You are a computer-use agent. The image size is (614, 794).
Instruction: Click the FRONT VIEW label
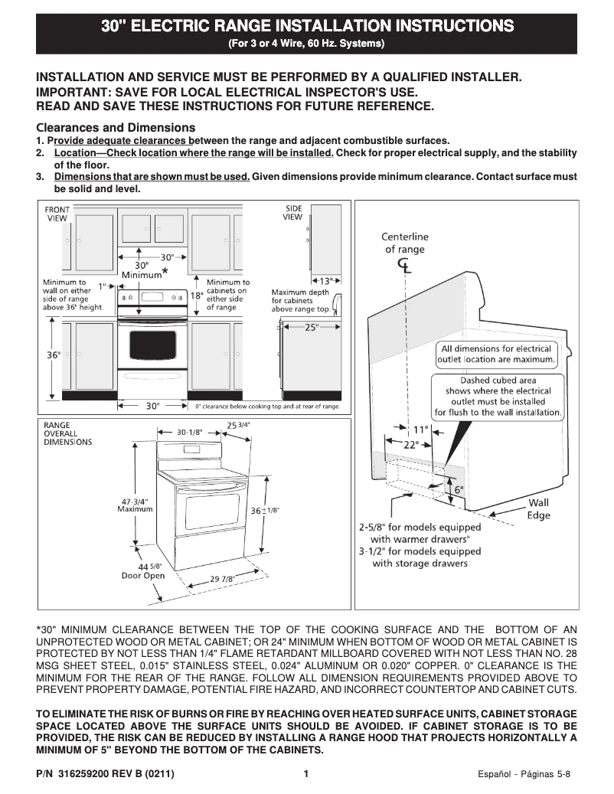click(x=57, y=214)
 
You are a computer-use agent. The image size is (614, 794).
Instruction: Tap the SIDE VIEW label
click(x=293, y=212)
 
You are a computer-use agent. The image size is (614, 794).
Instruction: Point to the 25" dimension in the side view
click(x=312, y=327)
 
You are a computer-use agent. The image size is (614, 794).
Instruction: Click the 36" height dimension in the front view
click(x=53, y=356)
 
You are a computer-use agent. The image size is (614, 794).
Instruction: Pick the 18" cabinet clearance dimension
click(x=196, y=296)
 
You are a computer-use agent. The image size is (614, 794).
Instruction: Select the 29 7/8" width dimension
click(x=223, y=579)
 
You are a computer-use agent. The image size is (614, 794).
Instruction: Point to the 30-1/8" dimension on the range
click(x=189, y=432)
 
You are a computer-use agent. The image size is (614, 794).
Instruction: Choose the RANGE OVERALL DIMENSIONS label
click(x=67, y=433)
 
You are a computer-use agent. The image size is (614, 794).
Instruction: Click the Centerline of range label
click(x=405, y=243)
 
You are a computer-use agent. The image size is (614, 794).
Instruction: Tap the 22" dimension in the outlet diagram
click(x=410, y=444)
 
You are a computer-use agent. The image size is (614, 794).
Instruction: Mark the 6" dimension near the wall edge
click(x=459, y=489)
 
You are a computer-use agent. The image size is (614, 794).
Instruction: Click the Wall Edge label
click(x=538, y=509)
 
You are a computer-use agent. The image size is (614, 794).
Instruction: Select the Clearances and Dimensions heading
click(x=116, y=127)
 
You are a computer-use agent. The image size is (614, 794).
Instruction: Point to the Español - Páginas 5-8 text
click(x=523, y=773)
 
